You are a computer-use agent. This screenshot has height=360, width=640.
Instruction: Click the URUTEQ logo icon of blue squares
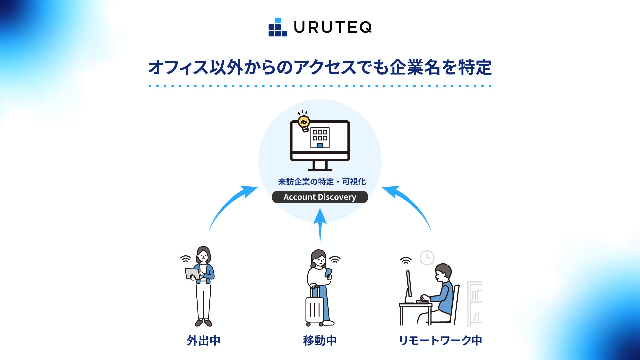pos(278,27)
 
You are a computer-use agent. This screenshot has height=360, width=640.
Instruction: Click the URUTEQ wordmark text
pos(333,27)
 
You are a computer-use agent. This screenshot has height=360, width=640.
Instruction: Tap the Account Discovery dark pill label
pos(320,197)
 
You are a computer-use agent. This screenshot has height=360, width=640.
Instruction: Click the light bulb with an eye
pos(304,123)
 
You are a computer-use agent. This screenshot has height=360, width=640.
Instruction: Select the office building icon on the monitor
pos(320,137)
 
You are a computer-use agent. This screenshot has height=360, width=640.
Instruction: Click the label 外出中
pos(203,340)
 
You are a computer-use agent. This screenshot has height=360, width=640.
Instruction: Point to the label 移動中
pos(320,340)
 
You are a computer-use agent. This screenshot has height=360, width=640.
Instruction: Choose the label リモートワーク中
pos(440,340)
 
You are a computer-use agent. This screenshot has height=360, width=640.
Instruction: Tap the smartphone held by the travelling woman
pos(329,273)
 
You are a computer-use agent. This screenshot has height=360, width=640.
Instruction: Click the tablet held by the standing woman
pos(192,274)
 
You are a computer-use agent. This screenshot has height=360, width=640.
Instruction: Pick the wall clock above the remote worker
pos(427,258)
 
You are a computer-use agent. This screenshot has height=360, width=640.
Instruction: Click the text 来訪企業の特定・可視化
pos(322,182)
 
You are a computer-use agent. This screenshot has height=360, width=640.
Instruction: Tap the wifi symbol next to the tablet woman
pos(186,259)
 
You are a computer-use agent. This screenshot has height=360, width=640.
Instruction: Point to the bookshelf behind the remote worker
pos(475,303)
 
